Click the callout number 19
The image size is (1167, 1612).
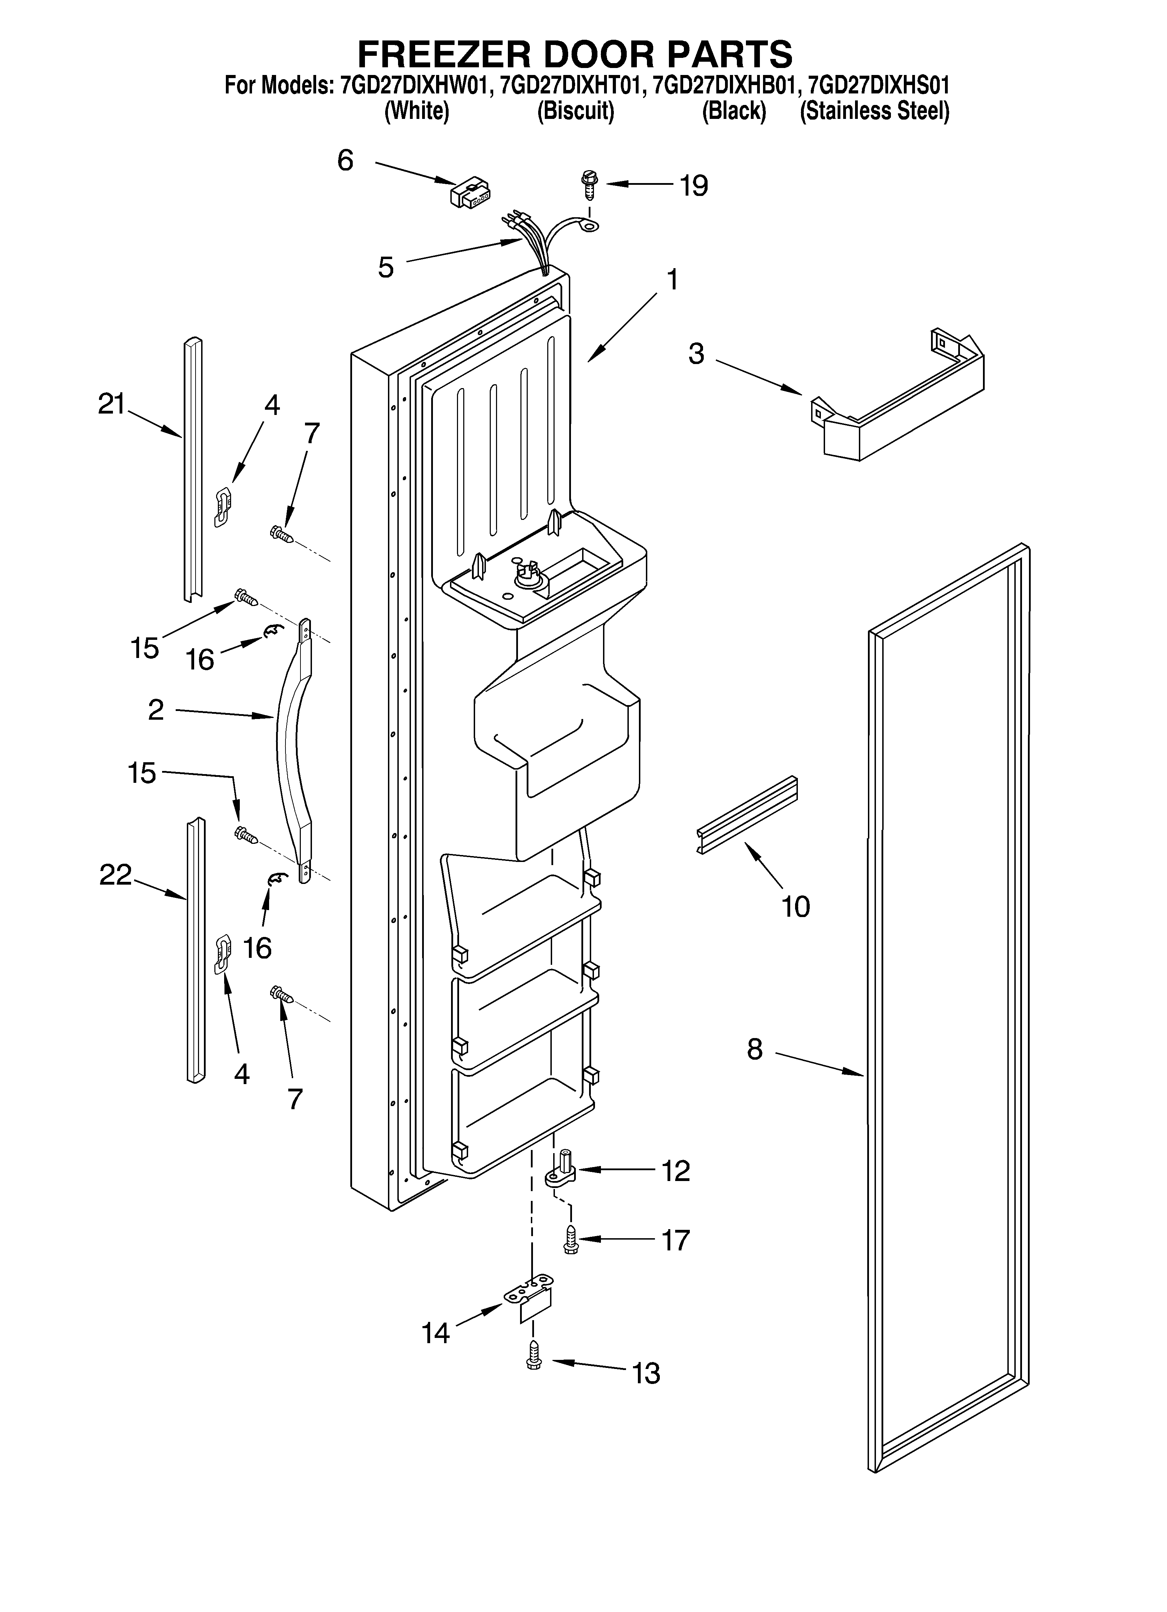[x=694, y=186]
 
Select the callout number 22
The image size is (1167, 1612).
[x=115, y=875]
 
